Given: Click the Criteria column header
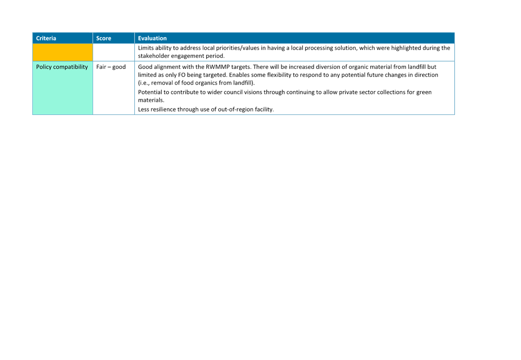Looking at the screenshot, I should point(46,38).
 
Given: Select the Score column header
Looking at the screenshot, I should point(103,38).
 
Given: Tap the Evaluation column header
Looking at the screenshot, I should point(152,38).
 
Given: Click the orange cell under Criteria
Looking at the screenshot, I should point(63,52).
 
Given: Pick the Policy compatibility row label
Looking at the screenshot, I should point(62,67).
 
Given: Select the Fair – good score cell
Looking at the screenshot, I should point(111,67).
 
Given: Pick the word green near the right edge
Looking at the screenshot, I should point(424,92).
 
